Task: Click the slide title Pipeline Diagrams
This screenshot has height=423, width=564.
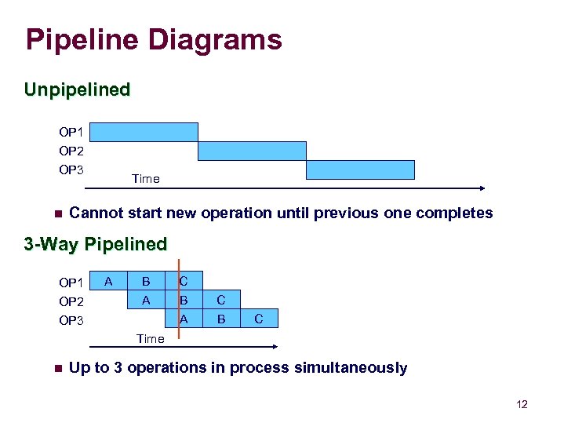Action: click(153, 39)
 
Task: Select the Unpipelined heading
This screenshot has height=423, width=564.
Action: click(77, 89)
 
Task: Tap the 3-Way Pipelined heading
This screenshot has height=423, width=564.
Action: click(96, 244)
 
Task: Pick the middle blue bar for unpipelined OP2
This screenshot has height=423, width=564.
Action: click(252, 151)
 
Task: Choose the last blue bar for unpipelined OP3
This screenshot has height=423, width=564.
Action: click(360, 170)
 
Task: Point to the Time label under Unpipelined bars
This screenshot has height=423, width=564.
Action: click(146, 179)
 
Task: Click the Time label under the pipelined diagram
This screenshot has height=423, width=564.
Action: click(150, 339)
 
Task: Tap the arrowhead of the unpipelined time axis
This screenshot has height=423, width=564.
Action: click(482, 188)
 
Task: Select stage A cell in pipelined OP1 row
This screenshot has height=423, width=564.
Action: click(108, 281)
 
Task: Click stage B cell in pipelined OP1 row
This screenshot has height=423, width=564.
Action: click(146, 281)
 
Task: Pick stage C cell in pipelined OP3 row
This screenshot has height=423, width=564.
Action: click(259, 319)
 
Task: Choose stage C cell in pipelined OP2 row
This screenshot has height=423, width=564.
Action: click(221, 300)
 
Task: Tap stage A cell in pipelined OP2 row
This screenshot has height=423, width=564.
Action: click(146, 300)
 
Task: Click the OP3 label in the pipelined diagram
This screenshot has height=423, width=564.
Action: click(71, 320)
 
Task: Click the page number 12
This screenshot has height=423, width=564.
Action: click(522, 404)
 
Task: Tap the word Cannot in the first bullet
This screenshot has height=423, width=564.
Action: click(94, 213)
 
